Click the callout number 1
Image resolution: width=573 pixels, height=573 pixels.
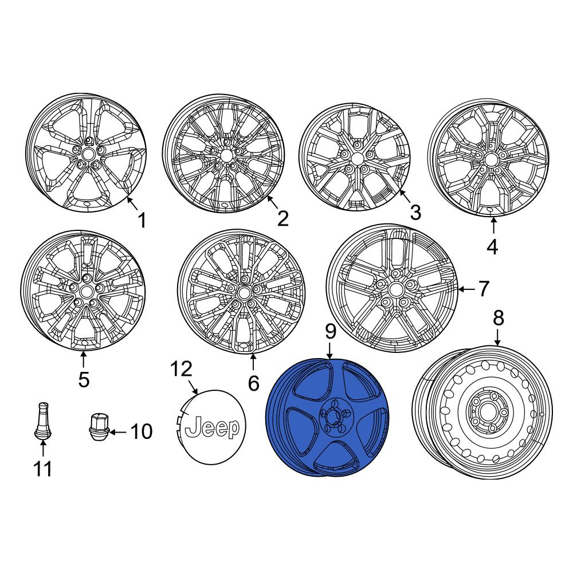[142, 221]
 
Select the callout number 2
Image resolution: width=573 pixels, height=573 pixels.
[283, 218]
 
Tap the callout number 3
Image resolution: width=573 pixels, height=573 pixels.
[415, 213]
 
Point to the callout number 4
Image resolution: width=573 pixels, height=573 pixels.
[492, 247]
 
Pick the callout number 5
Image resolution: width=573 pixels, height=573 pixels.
[84, 379]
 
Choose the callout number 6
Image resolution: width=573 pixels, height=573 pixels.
[253, 383]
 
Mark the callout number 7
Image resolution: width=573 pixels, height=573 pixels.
[484, 289]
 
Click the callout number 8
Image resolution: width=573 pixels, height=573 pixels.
[499, 317]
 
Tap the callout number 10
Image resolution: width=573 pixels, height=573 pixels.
[142, 431]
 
